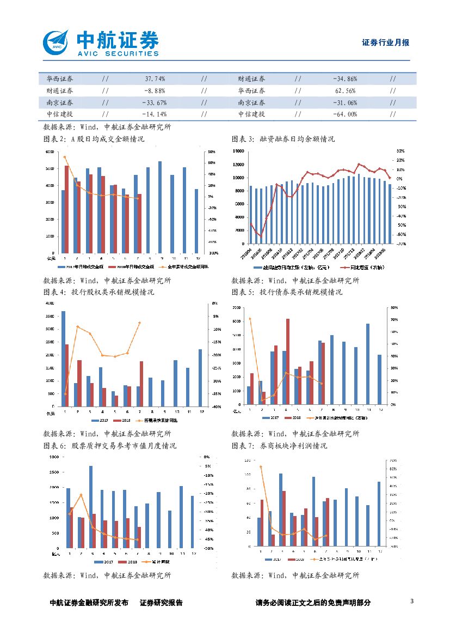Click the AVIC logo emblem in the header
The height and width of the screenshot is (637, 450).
coord(57,41)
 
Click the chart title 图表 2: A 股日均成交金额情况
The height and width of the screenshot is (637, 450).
coord(94,139)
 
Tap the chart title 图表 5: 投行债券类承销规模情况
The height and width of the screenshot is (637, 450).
coord(287,293)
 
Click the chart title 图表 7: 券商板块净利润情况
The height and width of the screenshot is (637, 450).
coord(279,446)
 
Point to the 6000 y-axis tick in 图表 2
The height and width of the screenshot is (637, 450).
coord(50,151)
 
